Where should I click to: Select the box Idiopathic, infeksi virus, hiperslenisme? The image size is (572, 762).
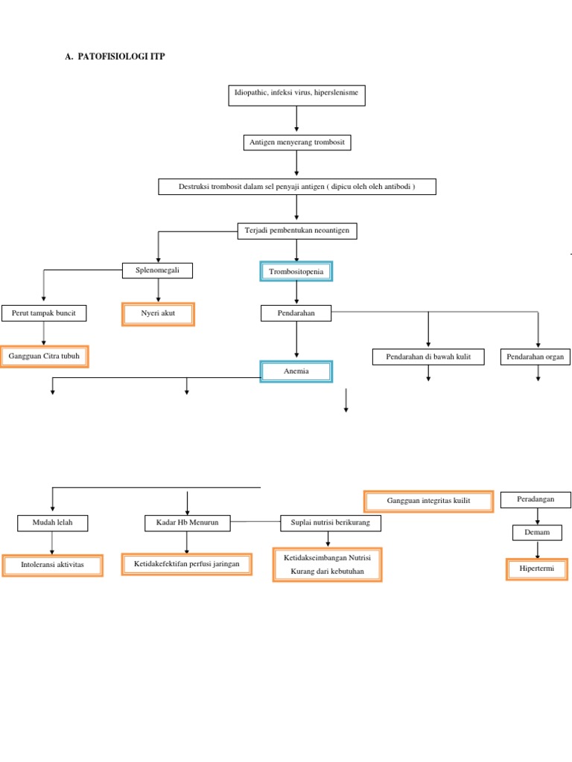pos(296,95)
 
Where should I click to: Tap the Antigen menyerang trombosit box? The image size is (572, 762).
pos(296,141)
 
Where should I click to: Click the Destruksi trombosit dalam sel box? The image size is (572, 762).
pos(296,186)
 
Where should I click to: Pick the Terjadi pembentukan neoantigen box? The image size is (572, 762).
pos(296,231)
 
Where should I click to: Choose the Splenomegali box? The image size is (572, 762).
pos(157,270)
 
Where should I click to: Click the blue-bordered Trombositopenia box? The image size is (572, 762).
pos(296,272)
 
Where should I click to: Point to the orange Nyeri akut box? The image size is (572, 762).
pos(158,314)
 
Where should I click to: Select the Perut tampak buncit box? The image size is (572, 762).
pos(44,313)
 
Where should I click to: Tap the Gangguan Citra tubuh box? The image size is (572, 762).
pos(44,356)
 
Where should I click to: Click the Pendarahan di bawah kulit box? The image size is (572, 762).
pos(428,357)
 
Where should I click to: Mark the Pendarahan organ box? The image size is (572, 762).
pos(536,357)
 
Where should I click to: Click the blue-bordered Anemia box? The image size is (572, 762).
pos(296,371)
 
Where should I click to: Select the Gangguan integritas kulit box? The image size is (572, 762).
pos(428,502)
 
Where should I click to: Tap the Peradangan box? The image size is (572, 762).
pos(536,499)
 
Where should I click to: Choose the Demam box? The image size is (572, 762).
pos(536,532)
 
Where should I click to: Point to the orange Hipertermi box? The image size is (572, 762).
pos(536,569)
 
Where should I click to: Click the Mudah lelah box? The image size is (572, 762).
pos(52,523)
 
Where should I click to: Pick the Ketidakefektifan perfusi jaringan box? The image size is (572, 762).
pos(187,565)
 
